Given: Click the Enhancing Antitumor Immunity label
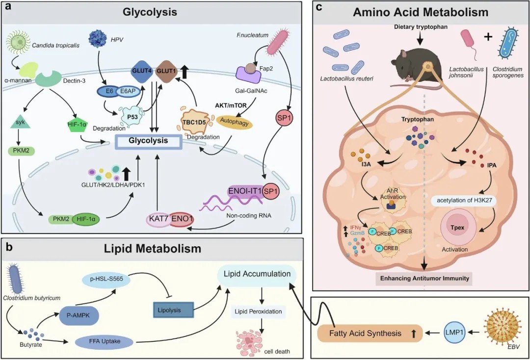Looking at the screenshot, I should point(422,279).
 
